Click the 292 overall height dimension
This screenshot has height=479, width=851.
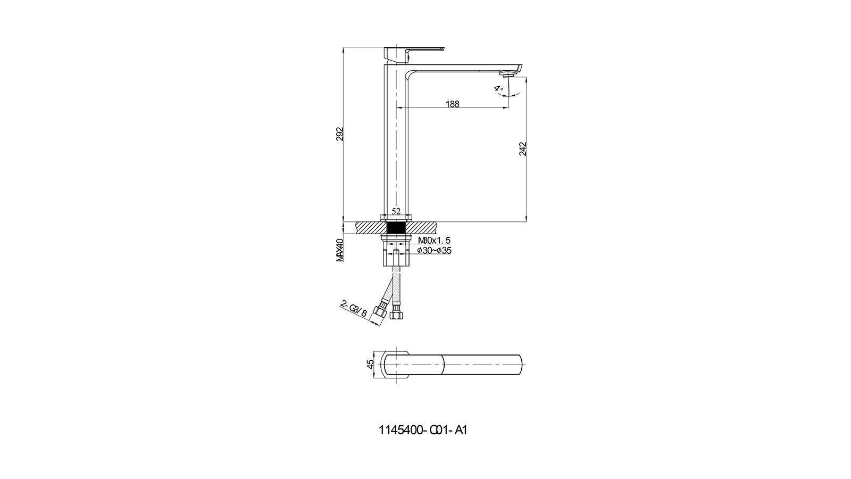pos(340,134)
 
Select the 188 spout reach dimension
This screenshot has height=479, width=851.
pos(453,104)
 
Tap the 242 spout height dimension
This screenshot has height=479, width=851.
pos(523,148)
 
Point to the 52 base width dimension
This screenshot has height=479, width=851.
pos(396,211)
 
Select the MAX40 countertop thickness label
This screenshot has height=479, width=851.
pos(340,250)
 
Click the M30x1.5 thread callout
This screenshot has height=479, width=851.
pos(434,240)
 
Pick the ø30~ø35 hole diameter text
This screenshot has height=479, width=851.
pos(434,251)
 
